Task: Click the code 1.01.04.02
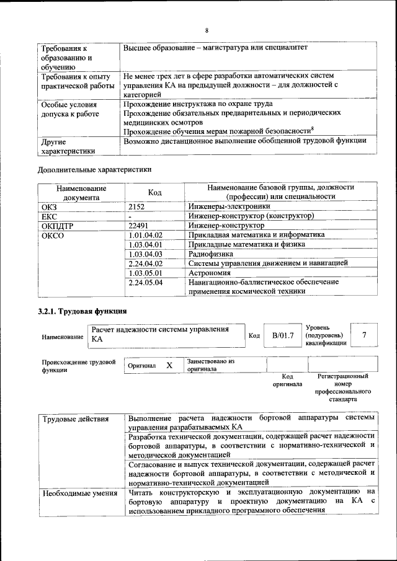click(x=145, y=235)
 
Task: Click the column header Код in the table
click(x=155, y=193)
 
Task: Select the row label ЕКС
click(x=49, y=216)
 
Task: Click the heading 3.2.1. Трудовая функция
click(x=82, y=311)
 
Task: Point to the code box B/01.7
click(x=282, y=335)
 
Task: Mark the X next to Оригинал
click(x=169, y=366)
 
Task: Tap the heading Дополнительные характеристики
click(x=94, y=169)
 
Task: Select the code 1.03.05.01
click(x=145, y=272)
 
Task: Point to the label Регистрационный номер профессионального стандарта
click(x=342, y=387)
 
